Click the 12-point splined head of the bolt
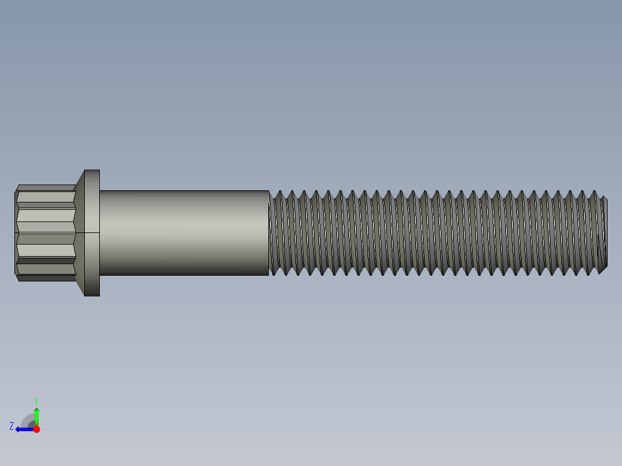click(x=45, y=233)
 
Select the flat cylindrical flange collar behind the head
click(x=92, y=233)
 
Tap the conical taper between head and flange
click(x=80, y=233)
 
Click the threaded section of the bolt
click(x=433, y=233)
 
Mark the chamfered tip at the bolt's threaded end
click(x=604, y=233)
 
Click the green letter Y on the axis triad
click(x=36, y=400)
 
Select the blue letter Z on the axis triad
click(x=12, y=426)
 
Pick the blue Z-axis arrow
click(x=24, y=429)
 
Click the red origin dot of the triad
click(x=36, y=429)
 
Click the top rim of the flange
click(x=92, y=171)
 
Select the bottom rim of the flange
click(x=92, y=295)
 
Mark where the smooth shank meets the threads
click(x=269, y=233)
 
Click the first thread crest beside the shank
click(x=278, y=233)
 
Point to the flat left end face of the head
click(x=16, y=233)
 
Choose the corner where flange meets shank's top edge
click(x=100, y=191)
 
